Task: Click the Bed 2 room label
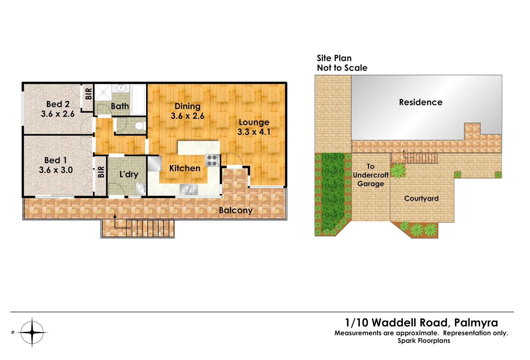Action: click(58, 104)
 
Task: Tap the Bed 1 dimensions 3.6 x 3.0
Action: click(56, 170)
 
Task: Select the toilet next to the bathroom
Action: click(140, 126)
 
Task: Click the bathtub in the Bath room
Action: click(138, 99)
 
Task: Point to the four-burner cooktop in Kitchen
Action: click(212, 160)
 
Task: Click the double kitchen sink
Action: click(189, 190)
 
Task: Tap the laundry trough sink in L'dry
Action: click(141, 189)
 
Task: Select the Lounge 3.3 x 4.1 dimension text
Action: click(254, 132)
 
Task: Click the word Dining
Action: click(187, 106)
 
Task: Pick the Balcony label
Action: click(236, 210)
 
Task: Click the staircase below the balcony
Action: click(150, 228)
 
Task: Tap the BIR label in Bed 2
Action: click(88, 94)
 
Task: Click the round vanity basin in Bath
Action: click(121, 88)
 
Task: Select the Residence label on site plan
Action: click(421, 102)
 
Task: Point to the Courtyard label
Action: click(421, 199)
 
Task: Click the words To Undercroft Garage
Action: click(371, 175)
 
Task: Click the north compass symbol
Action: click(32, 332)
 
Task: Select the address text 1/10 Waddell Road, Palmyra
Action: click(421, 322)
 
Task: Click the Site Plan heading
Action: click(334, 58)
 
